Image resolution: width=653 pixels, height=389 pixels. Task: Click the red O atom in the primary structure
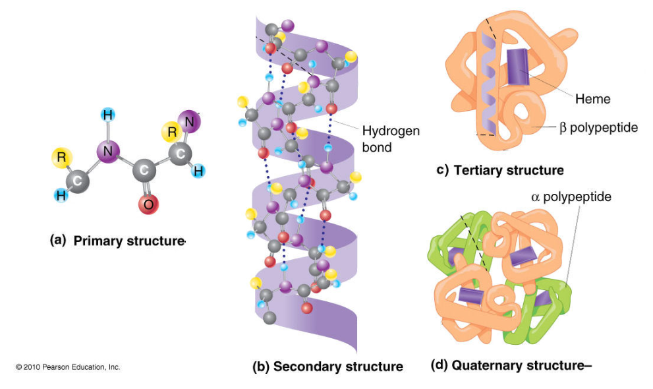tap(148, 204)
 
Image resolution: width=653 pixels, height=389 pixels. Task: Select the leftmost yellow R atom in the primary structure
tap(61, 158)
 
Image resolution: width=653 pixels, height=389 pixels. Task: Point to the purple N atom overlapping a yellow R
tap(189, 121)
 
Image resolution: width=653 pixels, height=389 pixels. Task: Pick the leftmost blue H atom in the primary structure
tap(61, 195)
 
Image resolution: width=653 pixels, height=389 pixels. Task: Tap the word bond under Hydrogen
tap(377, 147)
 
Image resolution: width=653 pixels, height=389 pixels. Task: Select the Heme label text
tap(592, 100)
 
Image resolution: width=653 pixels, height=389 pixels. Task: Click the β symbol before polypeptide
tap(563, 127)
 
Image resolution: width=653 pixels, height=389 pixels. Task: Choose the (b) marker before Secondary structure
tap(261, 367)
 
